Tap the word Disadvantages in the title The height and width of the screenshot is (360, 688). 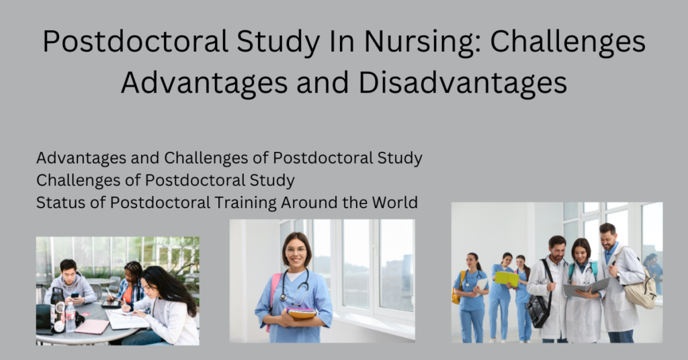tap(463, 83)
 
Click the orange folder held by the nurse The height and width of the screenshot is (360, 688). tap(301, 313)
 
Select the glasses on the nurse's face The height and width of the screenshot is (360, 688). tap(296, 251)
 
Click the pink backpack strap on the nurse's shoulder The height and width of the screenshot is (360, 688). tap(273, 291)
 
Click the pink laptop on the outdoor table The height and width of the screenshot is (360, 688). tap(91, 326)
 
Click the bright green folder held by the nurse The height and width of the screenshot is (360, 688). tap(507, 278)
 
